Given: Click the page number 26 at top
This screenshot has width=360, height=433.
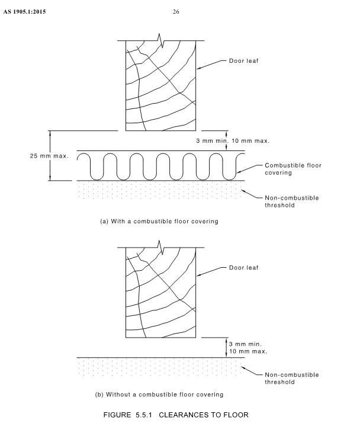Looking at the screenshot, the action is coord(176,12).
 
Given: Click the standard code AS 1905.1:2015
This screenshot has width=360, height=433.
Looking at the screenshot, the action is coord(24,12).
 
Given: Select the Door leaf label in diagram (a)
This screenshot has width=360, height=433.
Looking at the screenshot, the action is coord(243,61).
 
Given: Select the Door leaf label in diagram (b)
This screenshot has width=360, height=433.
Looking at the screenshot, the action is coord(243,268).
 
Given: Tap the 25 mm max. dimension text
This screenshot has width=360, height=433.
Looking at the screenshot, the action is coord(49,156).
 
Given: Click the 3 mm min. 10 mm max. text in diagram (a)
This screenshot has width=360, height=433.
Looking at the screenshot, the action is coord(233,141).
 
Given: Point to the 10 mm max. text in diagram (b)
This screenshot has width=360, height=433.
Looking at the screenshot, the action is coord(248,351).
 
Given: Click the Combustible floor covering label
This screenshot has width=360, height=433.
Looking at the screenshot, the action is coord(293,169).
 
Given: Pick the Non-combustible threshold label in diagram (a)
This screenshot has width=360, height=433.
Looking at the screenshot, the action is coord(292,201).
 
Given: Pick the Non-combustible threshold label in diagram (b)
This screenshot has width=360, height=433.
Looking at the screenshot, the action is coord(292,379).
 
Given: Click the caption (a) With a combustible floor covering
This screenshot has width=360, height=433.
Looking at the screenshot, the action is coord(159,222).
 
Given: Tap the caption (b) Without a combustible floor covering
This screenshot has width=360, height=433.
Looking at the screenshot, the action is coord(159,394).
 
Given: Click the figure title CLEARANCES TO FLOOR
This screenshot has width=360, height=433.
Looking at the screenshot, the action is coord(204,415).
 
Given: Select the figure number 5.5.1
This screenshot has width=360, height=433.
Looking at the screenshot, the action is coord(144,415).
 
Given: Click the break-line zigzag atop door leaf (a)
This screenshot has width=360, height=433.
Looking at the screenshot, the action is coord(160,41).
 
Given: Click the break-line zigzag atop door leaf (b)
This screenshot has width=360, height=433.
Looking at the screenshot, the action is coord(160,248).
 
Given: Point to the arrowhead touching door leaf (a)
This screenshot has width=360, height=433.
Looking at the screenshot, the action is coord(199,68).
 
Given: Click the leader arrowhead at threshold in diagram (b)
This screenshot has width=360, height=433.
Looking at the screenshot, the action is coord(243,368).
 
